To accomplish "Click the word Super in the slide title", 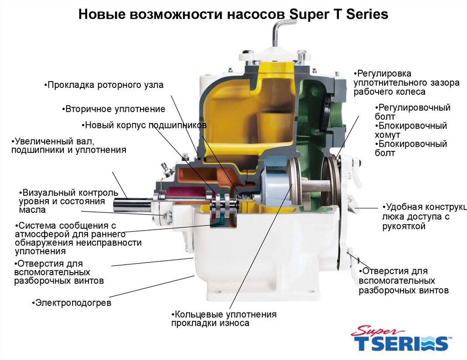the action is click(x=308, y=15).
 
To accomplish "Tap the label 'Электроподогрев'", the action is click(x=72, y=303).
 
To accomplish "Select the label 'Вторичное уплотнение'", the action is click(x=114, y=109).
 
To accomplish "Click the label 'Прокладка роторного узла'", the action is click(x=104, y=85).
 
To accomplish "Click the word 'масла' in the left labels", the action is click(x=32, y=210).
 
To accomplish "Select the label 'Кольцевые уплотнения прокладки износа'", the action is click(x=223, y=319).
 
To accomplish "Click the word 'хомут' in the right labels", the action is click(x=387, y=135).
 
